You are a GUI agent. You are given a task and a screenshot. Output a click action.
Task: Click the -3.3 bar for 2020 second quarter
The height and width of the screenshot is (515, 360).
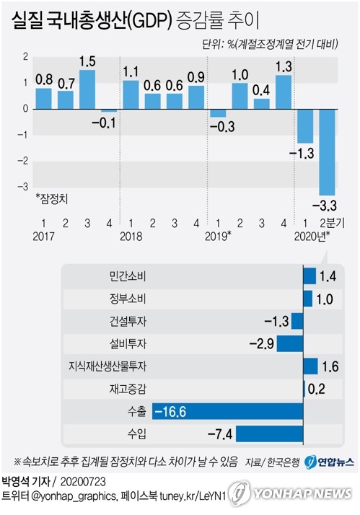click(x=327, y=151)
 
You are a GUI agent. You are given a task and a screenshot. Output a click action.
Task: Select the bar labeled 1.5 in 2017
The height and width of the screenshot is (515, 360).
click(x=87, y=89)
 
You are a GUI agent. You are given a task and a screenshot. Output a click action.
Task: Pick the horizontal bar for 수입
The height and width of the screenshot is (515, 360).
click(x=270, y=434)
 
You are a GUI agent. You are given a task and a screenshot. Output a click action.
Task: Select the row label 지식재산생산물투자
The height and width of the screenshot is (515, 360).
click(x=110, y=366)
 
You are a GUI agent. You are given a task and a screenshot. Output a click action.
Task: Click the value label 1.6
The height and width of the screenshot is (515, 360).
click(x=330, y=367)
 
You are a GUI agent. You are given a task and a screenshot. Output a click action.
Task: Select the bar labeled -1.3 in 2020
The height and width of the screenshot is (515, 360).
click(x=305, y=126)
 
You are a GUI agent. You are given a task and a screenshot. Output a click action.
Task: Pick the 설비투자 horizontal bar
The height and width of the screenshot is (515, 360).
click(x=290, y=344)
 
